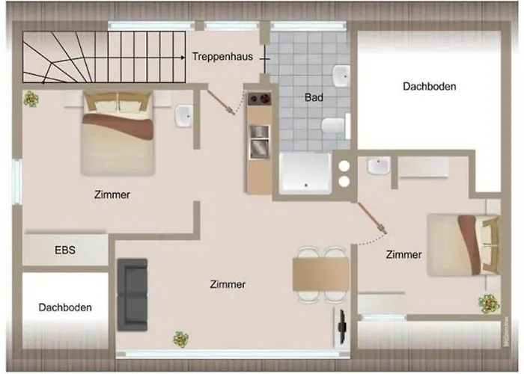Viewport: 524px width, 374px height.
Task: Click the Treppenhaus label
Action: tap(221, 57)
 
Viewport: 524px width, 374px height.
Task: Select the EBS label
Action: tap(65, 250)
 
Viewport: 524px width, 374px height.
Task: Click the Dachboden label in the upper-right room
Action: tap(429, 86)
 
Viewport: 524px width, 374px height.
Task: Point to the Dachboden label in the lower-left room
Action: tap(65, 307)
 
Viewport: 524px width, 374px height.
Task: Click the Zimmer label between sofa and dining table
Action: tap(228, 284)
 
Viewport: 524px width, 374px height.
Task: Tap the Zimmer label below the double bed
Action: tap(112, 194)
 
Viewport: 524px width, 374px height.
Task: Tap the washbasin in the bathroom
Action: tap(342, 75)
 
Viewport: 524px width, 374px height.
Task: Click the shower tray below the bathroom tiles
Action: tap(305, 173)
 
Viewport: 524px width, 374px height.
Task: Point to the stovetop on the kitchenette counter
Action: tap(259, 99)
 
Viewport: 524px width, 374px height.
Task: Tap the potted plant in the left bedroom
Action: tap(31, 98)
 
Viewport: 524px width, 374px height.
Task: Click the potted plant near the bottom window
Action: tap(180, 339)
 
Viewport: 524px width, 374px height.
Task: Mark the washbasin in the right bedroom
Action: tap(380, 167)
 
